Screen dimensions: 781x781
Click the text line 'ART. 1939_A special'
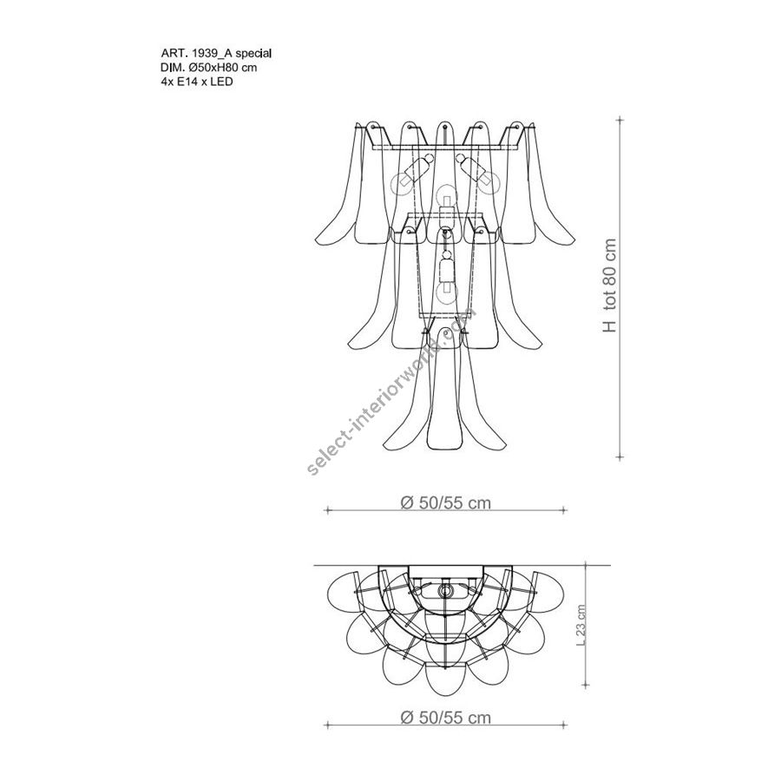pyautogui.click(x=216, y=53)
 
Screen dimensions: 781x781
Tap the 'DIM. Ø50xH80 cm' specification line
pyautogui.click(x=209, y=67)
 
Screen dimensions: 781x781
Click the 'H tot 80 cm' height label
pyautogui.click(x=609, y=285)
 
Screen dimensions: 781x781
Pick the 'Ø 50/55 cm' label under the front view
pyautogui.click(x=446, y=503)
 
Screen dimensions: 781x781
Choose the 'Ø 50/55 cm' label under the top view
pyautogui.click(x=446, y=718)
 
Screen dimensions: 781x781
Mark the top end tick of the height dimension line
pyautogui.click(x=620, y=120)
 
